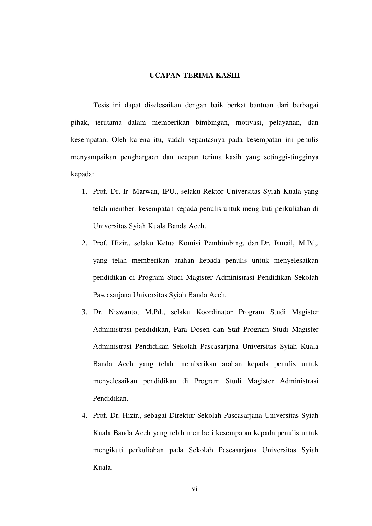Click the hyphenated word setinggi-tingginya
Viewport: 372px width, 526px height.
[x=291, y=157]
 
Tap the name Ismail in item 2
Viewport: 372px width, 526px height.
[x=284, y=243]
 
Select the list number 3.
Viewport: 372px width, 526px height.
[x=84, y=312]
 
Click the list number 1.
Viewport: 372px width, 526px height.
[x=84, y=191]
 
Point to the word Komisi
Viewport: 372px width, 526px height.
[x=189, y=243]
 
